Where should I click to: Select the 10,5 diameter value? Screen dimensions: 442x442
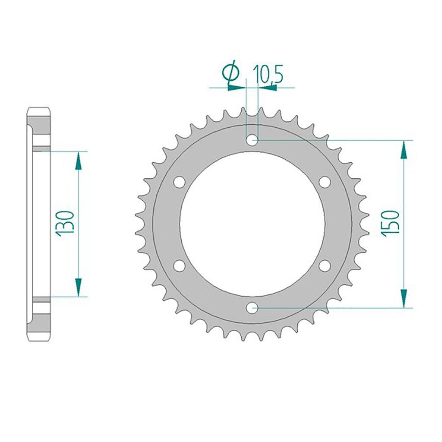tap(268, 74)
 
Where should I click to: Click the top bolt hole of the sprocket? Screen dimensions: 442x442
tap(252, 140)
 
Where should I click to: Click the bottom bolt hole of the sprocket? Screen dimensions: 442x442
tap(252, 308)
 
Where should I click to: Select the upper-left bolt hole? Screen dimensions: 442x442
tap(179, 182)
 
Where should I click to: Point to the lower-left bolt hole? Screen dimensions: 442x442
tap(179, 265)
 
